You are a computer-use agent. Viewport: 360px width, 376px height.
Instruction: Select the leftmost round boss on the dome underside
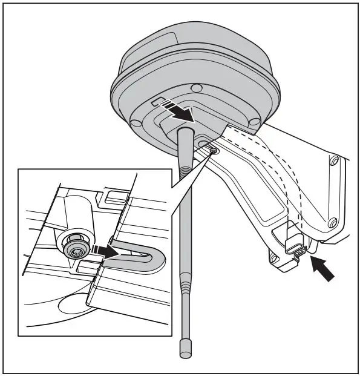(137, 123)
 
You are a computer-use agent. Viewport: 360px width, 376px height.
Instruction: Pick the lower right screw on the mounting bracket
(331, 225)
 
